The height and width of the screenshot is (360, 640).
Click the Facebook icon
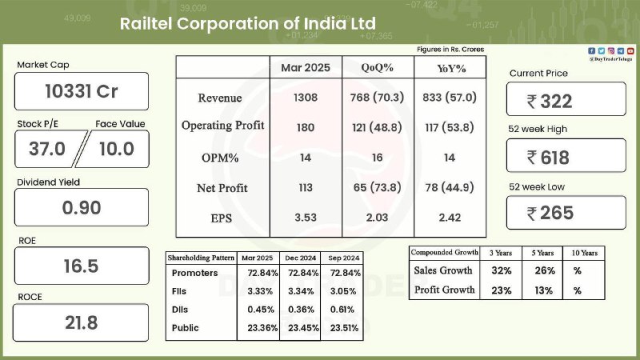pos(591,51)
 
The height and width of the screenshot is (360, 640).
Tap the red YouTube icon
pos(630,51)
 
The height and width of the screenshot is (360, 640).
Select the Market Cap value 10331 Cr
pos(82,91)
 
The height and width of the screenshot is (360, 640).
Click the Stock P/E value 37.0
pos(47,149)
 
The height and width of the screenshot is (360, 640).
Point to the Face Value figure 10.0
pos(117,149)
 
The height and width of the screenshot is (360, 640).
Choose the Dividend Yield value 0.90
pos(82,208)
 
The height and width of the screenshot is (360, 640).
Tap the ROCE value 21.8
pos(82,323)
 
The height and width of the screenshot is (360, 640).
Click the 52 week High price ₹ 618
pos(548,158)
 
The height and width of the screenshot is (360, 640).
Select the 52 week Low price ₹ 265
pos(550,213)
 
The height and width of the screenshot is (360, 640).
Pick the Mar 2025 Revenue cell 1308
pos(306,98)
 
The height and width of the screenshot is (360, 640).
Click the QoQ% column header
pos(377,68)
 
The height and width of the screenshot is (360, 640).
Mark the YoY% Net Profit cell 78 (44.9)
pos(450,188)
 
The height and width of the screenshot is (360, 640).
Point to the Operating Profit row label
pos(223,126)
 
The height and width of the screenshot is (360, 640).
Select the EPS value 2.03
pos(377,218)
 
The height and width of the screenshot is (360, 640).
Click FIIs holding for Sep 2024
pos(343,291)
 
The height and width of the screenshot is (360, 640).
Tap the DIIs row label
pos(179,310)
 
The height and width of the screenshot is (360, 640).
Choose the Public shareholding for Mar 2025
pos(262,328)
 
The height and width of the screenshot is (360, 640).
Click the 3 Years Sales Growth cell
pos(502,270)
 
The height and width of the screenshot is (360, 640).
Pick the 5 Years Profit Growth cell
pos(543,290)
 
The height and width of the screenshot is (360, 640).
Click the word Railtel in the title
pos(146,24)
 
